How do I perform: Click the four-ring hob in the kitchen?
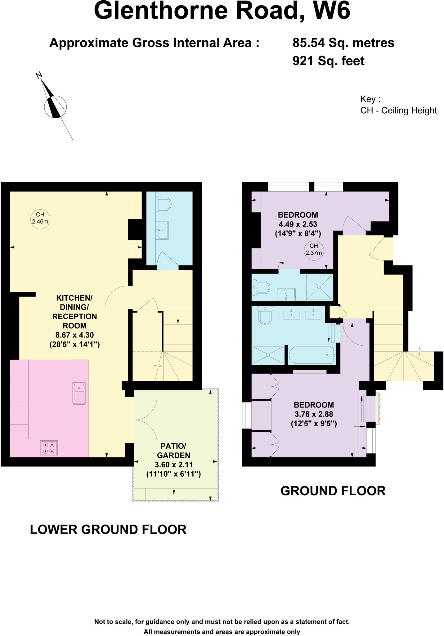click(49, 448)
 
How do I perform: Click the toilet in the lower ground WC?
click(164, 204)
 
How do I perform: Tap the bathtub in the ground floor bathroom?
click(312, 355)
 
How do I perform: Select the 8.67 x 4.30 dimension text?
click(74, 335)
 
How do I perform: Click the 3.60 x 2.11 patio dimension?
click(173, 465)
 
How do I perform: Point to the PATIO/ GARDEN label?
click(173, 451)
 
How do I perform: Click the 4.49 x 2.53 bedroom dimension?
click(298, 224)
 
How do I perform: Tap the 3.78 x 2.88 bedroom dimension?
click(314, 414)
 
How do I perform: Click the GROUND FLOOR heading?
click(333, 491)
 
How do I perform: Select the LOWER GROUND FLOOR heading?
click(108, 529)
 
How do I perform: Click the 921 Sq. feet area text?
click(328, 61)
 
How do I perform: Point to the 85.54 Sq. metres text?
click(343, 43)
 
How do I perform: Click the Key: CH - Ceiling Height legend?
click(398, 105)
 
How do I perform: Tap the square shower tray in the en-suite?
click(319, 287)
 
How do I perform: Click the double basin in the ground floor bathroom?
click(302, 314)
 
